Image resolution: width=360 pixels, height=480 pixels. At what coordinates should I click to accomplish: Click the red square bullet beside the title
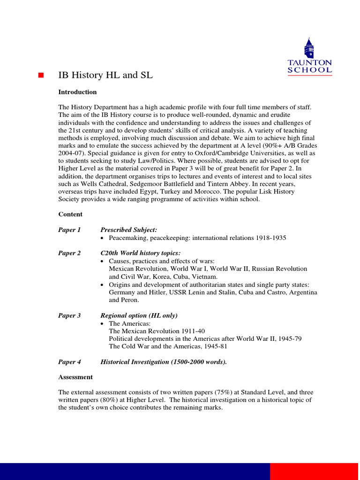pyautogui.click(x=40, y=75)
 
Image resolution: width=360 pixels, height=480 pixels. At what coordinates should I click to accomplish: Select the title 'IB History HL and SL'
pyautogui.click(x=105, y=75)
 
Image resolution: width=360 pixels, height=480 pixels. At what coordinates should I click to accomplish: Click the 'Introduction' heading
pyautogui.click(x=77, y=92)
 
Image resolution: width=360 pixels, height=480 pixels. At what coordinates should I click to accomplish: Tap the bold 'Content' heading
pyautogui.click(x=70, y=214)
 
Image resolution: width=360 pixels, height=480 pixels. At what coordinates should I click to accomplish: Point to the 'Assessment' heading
pyautogui.click(x=75, y=377)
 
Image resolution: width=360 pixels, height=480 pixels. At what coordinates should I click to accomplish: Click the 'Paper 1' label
pyautogui.click(x=69, y=230)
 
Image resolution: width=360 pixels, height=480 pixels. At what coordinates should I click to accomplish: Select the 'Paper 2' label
pyautogui.click(x=69, y=253)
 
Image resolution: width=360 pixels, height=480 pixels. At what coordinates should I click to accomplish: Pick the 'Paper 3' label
pyautogui.click(x=69, y=315)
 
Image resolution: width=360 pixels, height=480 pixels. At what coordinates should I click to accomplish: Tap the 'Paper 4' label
pyautogui.click(x=69, y=362)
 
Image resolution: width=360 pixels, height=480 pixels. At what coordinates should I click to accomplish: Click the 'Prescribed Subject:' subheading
pyautogui.click(x=129, y=230)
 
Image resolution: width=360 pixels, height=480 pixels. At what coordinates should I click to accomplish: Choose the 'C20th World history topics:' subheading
pyautogui.click(x=141, y=253)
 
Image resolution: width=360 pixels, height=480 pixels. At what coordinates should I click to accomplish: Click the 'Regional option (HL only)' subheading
pyautogui.click(x=139, y=315)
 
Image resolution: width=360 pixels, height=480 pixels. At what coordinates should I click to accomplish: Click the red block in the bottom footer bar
pyautogui.click(x=315, y=471)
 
